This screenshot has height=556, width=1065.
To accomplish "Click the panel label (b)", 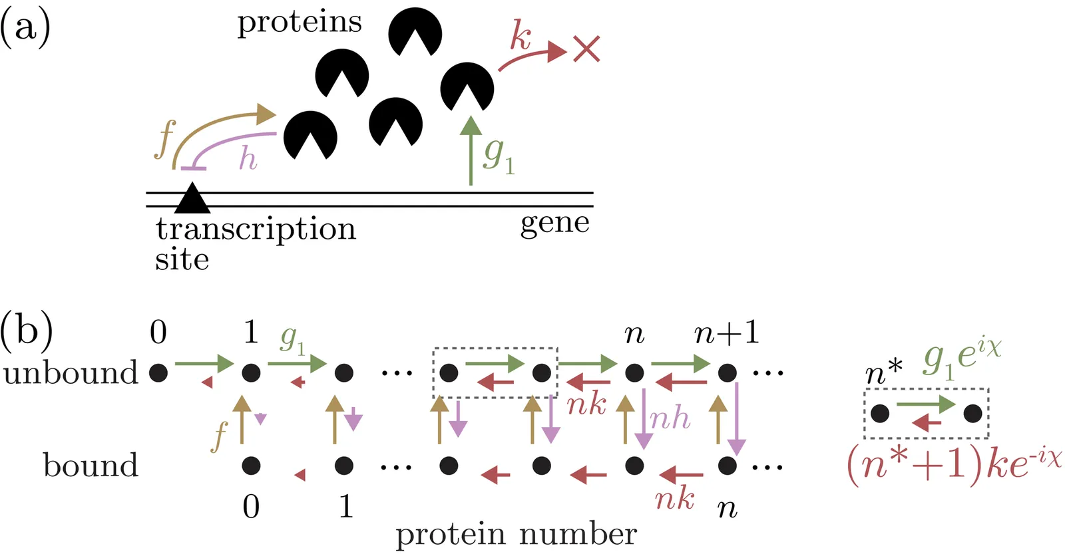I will [27, 331].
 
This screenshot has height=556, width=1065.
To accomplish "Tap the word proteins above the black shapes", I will [300, 23].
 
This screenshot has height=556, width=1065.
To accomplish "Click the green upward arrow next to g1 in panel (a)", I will [471, 150].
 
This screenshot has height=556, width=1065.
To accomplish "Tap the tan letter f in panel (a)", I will [164, 139].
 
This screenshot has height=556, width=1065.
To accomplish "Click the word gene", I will [554, 223].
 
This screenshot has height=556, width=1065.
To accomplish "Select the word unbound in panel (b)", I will [71, 373].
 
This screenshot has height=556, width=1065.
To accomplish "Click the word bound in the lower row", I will [91, 465].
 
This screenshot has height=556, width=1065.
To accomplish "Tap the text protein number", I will [516, 534].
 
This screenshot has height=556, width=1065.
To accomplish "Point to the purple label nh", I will [670, 418].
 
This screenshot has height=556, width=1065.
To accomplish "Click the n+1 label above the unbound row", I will [727, 332].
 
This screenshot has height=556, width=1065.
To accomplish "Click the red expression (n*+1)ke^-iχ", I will [954, 463].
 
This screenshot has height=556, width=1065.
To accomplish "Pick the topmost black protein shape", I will [415, 31].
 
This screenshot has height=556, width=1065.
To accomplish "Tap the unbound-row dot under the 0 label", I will [158, 372].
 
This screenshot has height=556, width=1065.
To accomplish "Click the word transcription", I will [256, 229].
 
